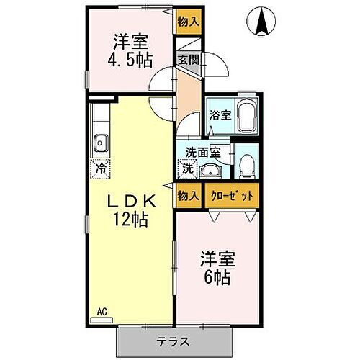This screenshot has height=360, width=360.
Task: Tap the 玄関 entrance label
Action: point(188,60)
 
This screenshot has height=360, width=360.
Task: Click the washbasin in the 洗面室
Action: point(211,170)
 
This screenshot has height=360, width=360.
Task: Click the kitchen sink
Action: point(100,142)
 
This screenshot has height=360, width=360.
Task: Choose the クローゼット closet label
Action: point(230,195)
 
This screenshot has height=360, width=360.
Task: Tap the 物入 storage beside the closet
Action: point(189,195)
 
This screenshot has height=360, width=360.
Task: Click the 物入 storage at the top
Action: point(189,22)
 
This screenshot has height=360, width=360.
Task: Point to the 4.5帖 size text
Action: point(130,59)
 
